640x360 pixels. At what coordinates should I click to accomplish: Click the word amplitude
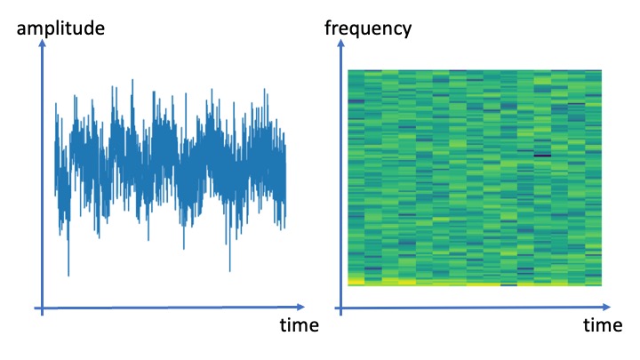pos(60,29)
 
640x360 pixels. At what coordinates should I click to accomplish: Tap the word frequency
pos(368,29)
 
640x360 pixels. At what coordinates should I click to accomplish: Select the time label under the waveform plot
pos(300,325)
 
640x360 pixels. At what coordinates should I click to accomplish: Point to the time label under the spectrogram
pos(603,325)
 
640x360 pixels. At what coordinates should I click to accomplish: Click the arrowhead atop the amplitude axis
pos(42,43)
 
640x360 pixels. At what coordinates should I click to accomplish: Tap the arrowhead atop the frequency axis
pos(340,43)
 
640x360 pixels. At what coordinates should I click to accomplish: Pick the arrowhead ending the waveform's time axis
pos(301,307)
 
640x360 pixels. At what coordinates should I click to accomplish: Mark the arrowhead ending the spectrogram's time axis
pos(607,307)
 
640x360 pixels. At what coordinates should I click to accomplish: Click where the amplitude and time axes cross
pos(42,308)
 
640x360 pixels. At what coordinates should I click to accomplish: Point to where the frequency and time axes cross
pos(340,308)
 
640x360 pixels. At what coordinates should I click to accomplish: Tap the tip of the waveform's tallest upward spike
pos(132,80)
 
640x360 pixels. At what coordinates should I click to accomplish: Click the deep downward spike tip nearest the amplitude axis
pos(68,276)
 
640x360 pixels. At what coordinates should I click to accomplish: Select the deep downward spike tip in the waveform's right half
pos(230,271)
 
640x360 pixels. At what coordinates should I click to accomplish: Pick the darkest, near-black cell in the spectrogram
pos(542,155)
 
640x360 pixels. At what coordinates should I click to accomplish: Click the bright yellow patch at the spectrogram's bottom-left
pos(356,281)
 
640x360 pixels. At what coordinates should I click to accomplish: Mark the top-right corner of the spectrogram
pos(602,70)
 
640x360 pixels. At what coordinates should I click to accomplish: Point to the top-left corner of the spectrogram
pos(348,70)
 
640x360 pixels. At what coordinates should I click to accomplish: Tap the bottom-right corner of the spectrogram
pos(602,285)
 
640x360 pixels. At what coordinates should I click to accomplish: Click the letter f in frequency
pos(328,28)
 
